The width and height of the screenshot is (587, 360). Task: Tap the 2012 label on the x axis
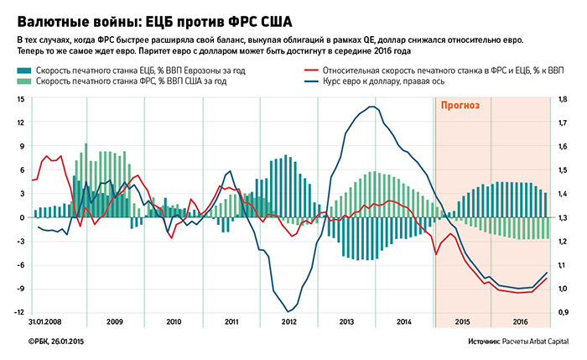[289, 322]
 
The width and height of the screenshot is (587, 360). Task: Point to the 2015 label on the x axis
[462, 322]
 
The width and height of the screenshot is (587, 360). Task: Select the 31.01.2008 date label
[45, 322]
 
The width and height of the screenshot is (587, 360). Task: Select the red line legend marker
[315, 70]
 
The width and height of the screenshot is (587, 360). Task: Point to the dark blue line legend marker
[315, 81]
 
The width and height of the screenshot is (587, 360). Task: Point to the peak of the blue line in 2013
[371, 107]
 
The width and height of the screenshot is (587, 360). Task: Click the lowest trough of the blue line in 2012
[289, 311]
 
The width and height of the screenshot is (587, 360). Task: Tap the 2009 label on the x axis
[115, 322]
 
